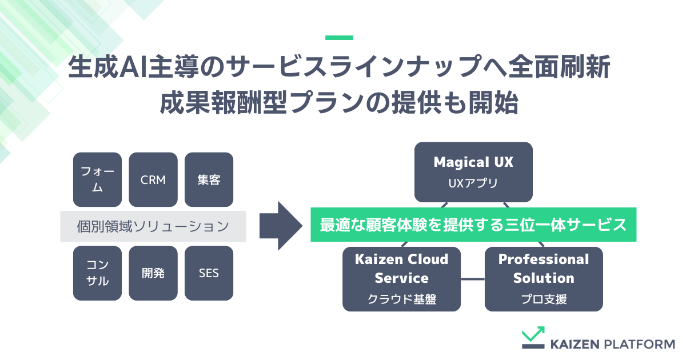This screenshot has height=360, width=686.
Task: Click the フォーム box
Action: [x=97, y=179]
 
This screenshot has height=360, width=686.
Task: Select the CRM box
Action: [x=153, y=179]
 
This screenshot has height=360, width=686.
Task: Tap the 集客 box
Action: [x=209, y=179]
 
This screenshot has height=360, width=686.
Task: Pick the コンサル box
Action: [x=97, y=273]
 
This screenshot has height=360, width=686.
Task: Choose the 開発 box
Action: [x=153, y=273]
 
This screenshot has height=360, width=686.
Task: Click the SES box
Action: [x=209, y=273]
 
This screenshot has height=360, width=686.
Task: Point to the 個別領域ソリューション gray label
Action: [x=153, y=226]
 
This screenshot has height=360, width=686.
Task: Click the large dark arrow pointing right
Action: [x=280, y=226]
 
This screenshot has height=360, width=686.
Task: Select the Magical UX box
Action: [x=473, y=171]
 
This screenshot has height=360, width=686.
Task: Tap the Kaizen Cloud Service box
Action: [x=401, y=279]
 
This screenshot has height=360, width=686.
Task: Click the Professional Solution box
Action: [x=544, y=279]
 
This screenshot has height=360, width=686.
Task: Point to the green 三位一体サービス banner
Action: [x=473, y=225]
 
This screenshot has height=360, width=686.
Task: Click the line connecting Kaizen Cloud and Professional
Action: [x=473, y=279]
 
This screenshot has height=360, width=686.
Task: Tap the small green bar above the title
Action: [x=339, y=38]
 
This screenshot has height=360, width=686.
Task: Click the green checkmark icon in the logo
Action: [x=533, y=338]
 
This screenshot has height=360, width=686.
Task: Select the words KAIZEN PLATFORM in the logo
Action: [x=612, y=344]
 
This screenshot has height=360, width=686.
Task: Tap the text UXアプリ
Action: [x=473, y=184]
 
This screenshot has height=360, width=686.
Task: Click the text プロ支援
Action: [x=544, y=299]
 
